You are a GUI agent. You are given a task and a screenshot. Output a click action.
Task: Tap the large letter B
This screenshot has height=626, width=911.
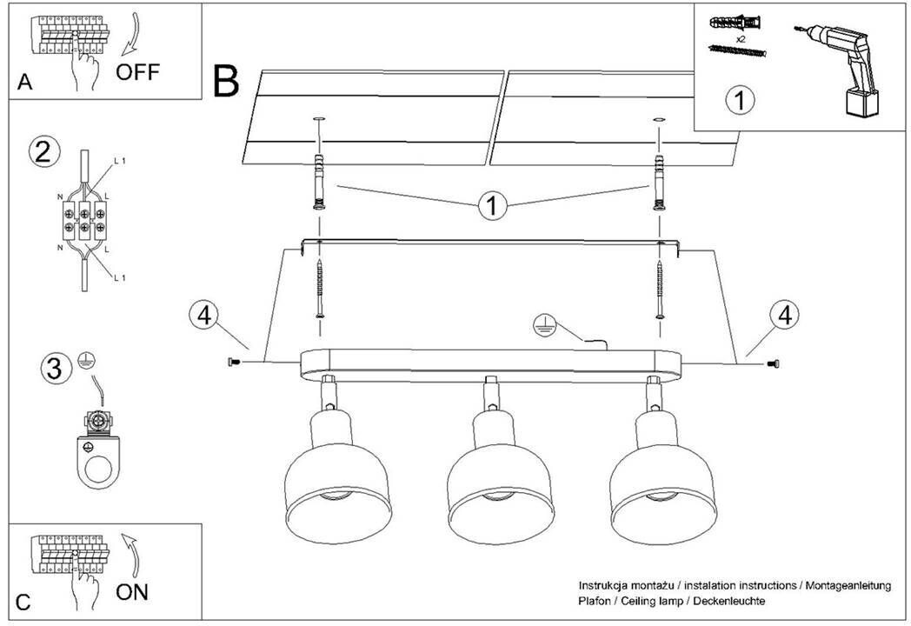225,81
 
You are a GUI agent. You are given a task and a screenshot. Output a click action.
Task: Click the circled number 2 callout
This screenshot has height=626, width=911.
44,151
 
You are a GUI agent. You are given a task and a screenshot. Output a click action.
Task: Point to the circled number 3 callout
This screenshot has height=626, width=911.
55,369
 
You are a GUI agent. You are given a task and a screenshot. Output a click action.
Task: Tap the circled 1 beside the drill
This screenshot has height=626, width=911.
740,100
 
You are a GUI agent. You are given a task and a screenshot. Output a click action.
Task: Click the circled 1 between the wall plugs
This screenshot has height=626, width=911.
493,206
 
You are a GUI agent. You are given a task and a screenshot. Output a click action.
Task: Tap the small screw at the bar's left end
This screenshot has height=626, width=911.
232,361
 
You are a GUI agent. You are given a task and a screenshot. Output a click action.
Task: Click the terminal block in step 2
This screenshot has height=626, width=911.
84,216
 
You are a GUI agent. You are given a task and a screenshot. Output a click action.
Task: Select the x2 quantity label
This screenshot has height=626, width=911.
741,40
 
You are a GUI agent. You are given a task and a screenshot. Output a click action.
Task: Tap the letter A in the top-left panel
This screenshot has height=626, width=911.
24,83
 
